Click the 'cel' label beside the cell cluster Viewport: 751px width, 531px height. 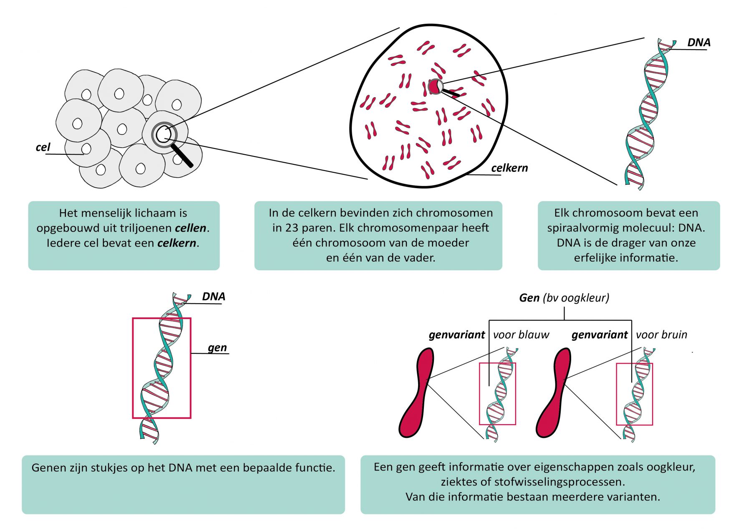(43, 147)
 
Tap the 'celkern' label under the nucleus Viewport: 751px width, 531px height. (509, 168)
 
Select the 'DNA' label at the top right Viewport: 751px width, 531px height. (698, 43)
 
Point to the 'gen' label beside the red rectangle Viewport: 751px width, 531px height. (217, 347)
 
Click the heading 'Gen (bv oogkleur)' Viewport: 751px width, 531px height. (564, 298)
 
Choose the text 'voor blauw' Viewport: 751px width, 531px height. (521, 335)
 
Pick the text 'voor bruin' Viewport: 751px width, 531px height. (661, 335)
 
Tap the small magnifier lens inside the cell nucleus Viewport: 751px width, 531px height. (436, 86)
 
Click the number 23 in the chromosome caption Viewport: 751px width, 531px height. (291, 228)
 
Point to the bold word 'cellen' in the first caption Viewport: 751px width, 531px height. (191, 228)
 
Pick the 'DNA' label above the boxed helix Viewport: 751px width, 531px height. (214, 297)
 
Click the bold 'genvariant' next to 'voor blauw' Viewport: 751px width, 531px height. (456, 335)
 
